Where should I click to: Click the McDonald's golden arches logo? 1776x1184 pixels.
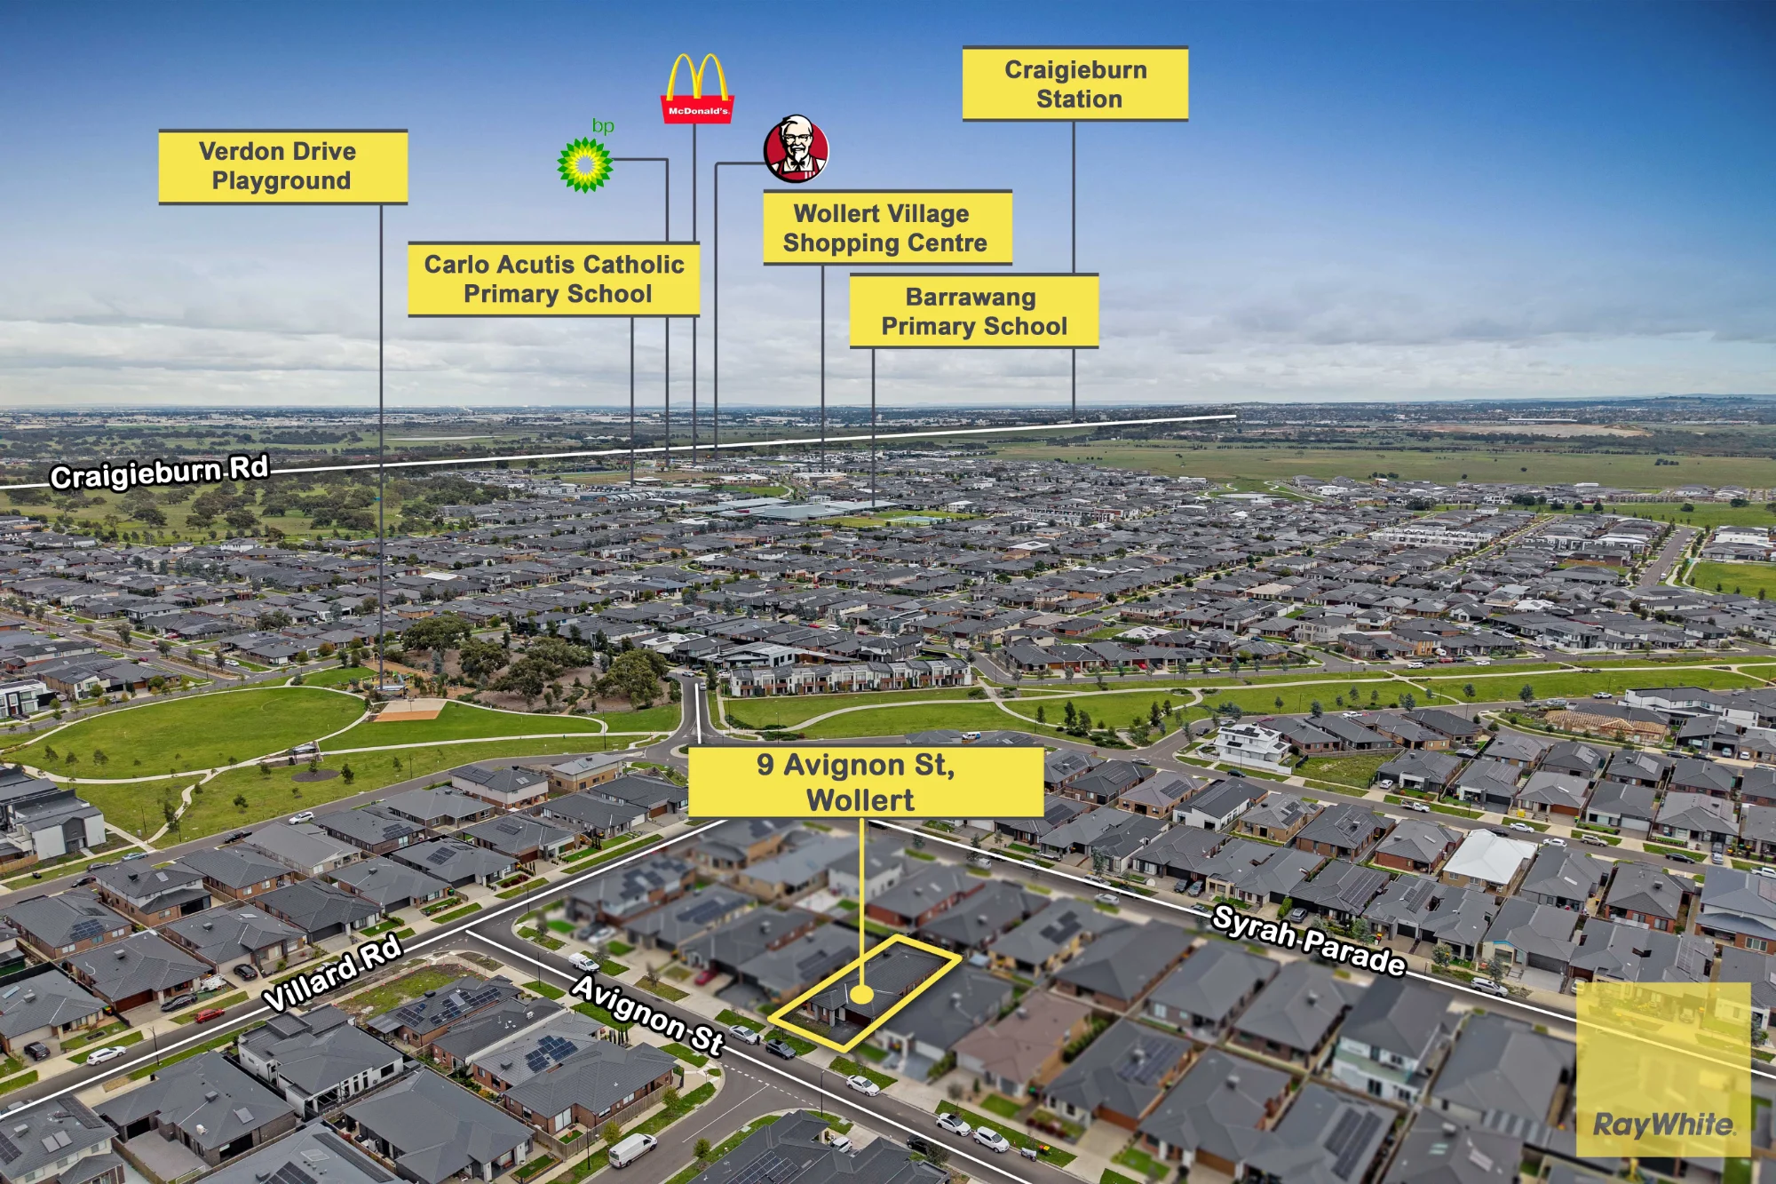tap(698, 88)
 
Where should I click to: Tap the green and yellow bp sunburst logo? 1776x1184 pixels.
tap(584, 164)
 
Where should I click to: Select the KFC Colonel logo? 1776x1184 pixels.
tap(797, 149)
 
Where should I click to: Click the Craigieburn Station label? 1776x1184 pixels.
tap(1075, 84)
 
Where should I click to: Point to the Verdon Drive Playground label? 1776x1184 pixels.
tap(282, 167)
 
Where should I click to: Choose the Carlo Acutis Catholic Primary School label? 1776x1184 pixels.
tap(554, 279)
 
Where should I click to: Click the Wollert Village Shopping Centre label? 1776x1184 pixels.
tap(887, 228)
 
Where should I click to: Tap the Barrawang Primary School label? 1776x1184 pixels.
tap(973, 311)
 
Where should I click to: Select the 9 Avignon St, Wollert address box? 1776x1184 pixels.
tap(866, 782)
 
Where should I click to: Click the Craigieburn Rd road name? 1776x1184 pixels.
tap(160, 472)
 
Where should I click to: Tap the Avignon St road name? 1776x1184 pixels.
tap(647, 1013)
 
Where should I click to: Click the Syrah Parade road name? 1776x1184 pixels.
tap(1309, 941)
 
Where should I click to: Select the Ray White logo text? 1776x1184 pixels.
tap(1663, 1124)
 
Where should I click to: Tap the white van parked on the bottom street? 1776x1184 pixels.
tap(632, 1149)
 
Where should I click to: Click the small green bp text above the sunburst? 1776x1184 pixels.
tap(603, 126)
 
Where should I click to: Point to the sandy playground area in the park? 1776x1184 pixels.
tap(408, 710)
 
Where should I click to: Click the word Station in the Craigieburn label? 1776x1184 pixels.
tap(1079, 99)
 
